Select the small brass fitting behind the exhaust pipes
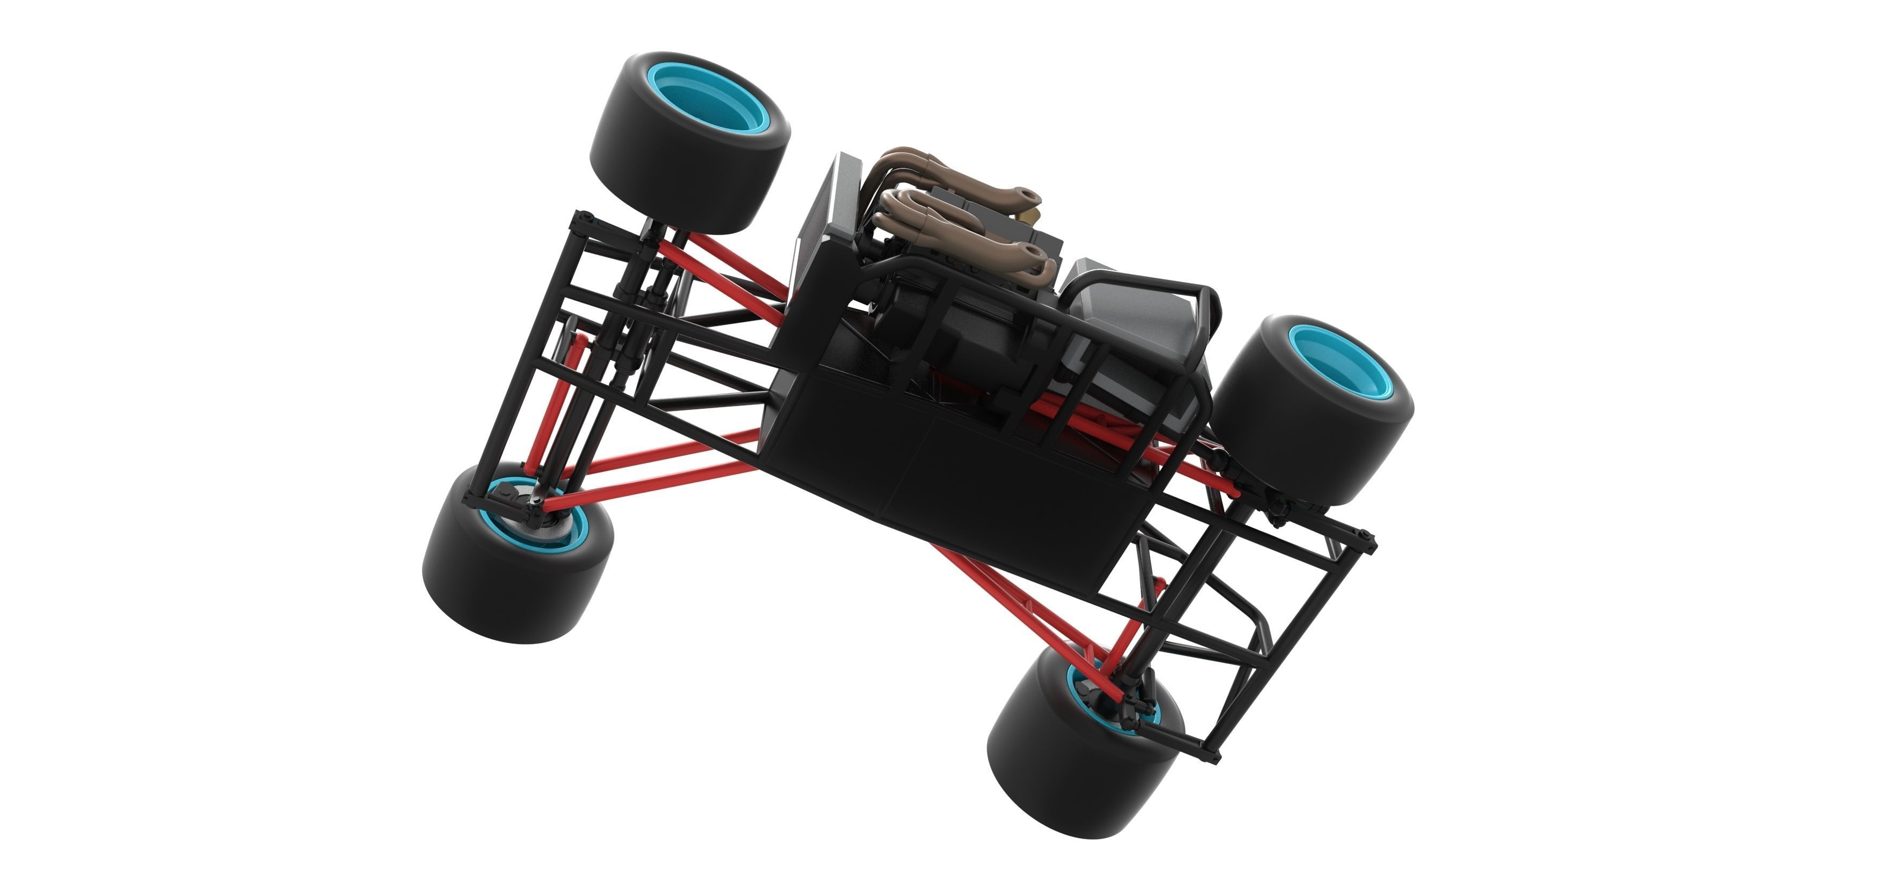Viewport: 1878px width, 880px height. point(1029,216)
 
